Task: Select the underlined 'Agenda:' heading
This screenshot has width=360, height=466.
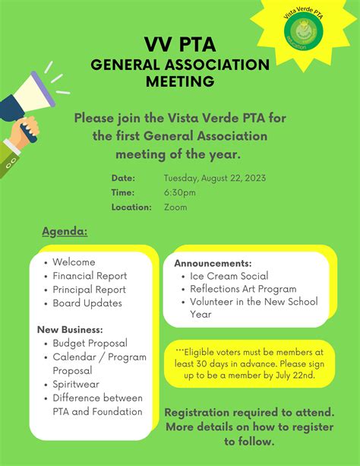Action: point(65,231)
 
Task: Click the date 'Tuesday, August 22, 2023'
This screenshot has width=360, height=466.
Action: point(215,178)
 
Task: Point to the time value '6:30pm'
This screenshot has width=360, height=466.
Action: point(180,192)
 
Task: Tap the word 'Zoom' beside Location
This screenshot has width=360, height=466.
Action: point(175,207)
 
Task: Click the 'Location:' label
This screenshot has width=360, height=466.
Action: point(131,207)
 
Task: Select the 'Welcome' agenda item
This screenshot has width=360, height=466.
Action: point(74,262)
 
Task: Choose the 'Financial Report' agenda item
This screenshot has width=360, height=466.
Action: point(90,276)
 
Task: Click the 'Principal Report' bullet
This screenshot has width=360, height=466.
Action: point(89,290)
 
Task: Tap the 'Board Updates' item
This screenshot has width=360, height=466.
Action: point(87,303)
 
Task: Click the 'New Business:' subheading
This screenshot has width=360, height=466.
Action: point(70,330)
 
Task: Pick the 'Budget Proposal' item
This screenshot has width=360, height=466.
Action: point(90,344)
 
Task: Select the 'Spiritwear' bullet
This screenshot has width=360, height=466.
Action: point(77,385)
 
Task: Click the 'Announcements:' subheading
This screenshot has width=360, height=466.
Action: point(213,263)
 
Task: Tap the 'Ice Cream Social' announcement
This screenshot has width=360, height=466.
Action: point(229,276)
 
